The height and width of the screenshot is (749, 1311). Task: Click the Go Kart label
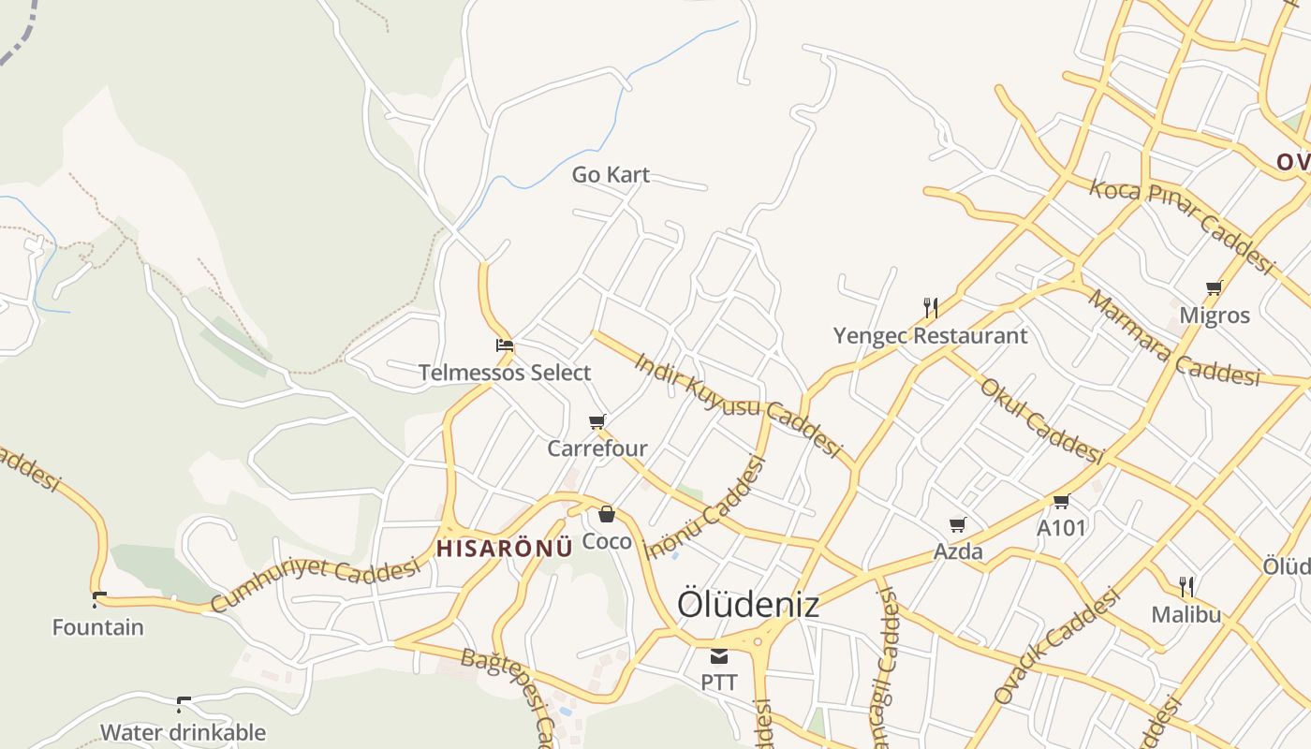click(x=611, y=175)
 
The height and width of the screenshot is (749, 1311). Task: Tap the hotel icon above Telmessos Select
click(x=505, y=345)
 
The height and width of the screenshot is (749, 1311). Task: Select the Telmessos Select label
click(x=505, y=373)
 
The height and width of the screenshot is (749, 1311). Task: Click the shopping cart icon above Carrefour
click(x=597, y=422)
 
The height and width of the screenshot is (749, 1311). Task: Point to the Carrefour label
click(x=597, y=448)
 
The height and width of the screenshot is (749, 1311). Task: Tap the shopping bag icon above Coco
click(x=607, y=514)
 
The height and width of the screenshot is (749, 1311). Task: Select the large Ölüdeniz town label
click(x=747, y=605)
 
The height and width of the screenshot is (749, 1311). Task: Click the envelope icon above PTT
click(x=718, y=656)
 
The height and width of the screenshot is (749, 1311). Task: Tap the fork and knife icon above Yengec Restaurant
click(x=930, y=307)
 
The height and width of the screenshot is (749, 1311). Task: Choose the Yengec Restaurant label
click(x=930, y=335)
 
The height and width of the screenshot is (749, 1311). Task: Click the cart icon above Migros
click(x=1215, y=287)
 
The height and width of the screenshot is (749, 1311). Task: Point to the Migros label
click(x=1215, y=316)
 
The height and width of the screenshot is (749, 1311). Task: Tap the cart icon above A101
click(x=1061, y=502)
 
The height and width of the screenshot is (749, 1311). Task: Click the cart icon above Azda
click(x=957, y=525)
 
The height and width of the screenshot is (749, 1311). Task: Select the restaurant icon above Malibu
click(x=1186, y=587)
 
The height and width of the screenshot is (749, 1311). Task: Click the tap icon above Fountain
click(x=98, y=599)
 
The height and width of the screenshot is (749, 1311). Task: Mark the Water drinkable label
click(x=184, y=732)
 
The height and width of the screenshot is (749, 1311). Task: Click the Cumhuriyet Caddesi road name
click(x=315, y=584)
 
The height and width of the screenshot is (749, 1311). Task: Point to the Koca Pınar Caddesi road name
click(x=1182, y=226)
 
